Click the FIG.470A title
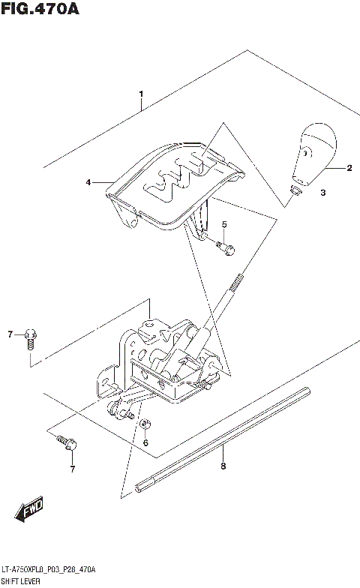click(x=40, y=10)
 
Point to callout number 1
click(x=140, y=94)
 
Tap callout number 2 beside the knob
click(x=349, y=169)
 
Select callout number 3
click(x=323, y=193)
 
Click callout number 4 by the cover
click(x=88, y=181)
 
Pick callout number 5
click(x=223, y=224)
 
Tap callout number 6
click(x=145, y=442)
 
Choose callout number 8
click(x=223, y=466)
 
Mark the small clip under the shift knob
click(x=295, y=190)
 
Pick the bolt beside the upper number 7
click(x=31, y=337)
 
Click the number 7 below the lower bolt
click(x=73, y=469)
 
